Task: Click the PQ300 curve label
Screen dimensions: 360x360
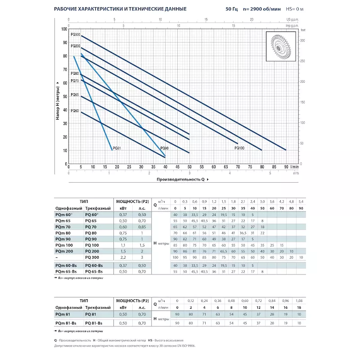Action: coord(76,35)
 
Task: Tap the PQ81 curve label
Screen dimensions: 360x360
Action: coord(117,148)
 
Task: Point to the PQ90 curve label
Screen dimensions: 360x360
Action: coord(164,148)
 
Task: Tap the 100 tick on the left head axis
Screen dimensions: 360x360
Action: coord(63,29)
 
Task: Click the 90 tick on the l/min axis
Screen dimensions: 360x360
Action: coord(286,167)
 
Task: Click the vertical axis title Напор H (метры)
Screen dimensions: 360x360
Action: coord(58,102)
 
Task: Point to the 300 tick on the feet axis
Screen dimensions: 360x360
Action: coord(302,40)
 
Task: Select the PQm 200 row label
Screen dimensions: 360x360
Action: coord(63,251)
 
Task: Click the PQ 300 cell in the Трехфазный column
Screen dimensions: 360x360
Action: coord(92,256)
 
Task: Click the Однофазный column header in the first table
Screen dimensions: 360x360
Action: coord(68,208)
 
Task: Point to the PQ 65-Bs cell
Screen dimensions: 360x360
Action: coord(95,272)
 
